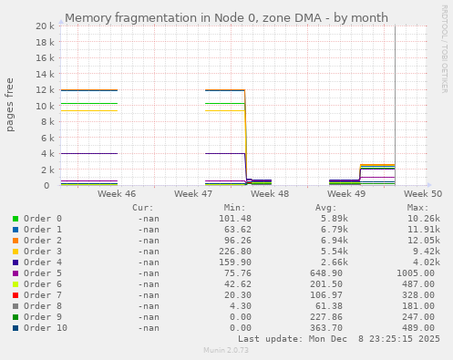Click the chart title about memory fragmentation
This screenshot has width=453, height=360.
coord(226,17)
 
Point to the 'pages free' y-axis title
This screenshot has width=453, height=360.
coord(11,105)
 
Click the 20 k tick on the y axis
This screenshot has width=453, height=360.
coord(43,26)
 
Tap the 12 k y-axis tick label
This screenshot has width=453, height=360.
coord(43,90)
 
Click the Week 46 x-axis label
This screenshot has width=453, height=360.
coord(117,194)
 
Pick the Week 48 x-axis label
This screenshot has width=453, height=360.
coord(270,194)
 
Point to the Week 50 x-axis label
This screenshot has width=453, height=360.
coord(423,194)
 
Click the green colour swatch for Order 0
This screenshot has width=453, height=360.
coord(15,219)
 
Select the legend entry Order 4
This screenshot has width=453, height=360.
coord(42,262)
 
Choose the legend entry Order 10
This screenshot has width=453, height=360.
coord(45,328)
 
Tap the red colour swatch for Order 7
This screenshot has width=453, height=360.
coord(15,295)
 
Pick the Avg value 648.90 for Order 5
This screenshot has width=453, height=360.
coord(326,273)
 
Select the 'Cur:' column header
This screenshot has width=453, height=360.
coord(142,208)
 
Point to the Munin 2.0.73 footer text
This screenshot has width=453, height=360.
coord(226,350)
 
